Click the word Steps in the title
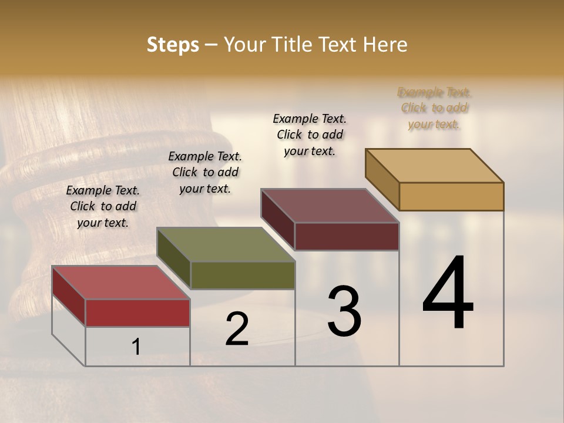[173, 45]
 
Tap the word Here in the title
[386, 45]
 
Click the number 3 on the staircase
[344, 311]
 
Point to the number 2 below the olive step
[237, 329]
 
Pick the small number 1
[136, 347]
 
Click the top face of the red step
[120, 283]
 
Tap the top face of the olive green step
[226, 244]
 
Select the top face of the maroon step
[330, 206]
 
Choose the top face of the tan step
[434, 166]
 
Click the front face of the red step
[137, 313]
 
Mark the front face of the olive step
[242, 275]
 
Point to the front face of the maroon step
[347, 236]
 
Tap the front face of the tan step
[451, 196]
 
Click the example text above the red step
[103, 206]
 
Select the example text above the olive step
[205, 172]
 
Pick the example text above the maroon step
[310, 135]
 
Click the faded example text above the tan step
[434, 108]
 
